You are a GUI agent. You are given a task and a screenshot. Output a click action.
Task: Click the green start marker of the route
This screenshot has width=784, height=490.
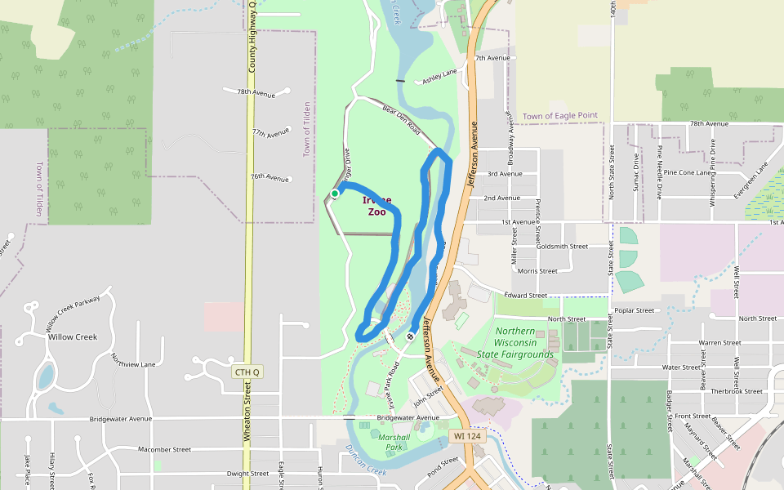[x=335, y=194]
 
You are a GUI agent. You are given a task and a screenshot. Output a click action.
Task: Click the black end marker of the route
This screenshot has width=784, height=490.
[x=410, y=336]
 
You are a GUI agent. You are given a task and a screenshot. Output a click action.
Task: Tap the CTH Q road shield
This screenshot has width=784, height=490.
[x=247, y=372]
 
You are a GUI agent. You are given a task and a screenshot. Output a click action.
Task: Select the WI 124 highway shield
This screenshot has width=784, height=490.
[x=469, y=436]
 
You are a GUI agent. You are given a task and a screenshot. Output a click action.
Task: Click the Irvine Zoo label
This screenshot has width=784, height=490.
[x=376, y=206]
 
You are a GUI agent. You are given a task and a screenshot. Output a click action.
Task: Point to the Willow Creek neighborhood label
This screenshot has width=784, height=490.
[x=73, y=336]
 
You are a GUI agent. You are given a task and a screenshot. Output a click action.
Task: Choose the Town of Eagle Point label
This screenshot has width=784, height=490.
[x=560, y=116]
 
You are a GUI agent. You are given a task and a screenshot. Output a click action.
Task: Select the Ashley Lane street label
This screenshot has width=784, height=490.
[x=439, y=76]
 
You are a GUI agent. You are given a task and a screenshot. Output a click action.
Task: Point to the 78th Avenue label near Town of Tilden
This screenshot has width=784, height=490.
[x=256, y=93]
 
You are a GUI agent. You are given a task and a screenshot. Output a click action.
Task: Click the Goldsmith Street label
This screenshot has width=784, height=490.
[x=562, y=246]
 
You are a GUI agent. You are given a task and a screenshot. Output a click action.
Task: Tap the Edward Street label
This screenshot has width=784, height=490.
[x=525, y=295]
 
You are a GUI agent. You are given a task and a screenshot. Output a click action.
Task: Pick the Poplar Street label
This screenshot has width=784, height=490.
[x=634, y=310]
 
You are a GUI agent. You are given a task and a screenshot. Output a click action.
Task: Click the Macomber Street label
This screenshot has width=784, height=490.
[x=164, y=449]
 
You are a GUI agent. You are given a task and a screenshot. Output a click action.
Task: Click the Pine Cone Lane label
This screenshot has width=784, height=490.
[x=687, y=172]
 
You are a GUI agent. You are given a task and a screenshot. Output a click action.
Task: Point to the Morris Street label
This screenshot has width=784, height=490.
[x=537, y=270]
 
